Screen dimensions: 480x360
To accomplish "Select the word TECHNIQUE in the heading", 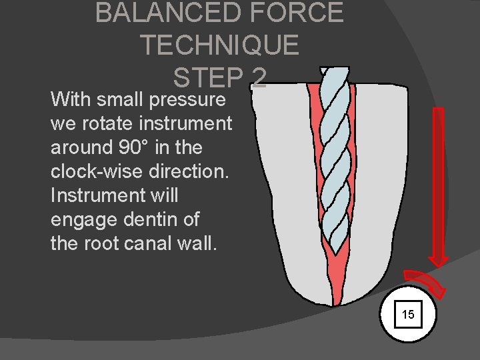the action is tap(219, 45).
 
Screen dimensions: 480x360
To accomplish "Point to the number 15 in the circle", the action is tap(408, 314).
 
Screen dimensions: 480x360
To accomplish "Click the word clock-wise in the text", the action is tap(99, 171).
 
